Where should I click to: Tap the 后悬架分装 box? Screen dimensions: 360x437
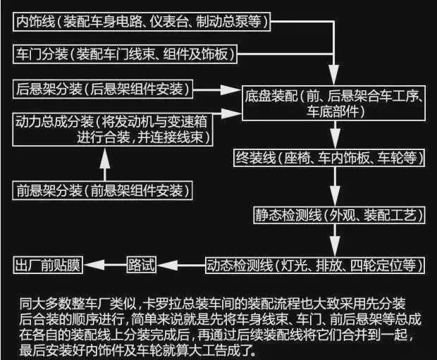(x=103, y=89)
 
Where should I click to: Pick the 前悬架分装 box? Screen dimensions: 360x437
(x=103, y=190)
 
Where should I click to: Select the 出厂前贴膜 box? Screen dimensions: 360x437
(x=49, y=266)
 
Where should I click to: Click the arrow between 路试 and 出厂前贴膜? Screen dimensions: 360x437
(x=104, y=266)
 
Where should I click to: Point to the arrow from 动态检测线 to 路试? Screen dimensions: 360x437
(x=179, y=266)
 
